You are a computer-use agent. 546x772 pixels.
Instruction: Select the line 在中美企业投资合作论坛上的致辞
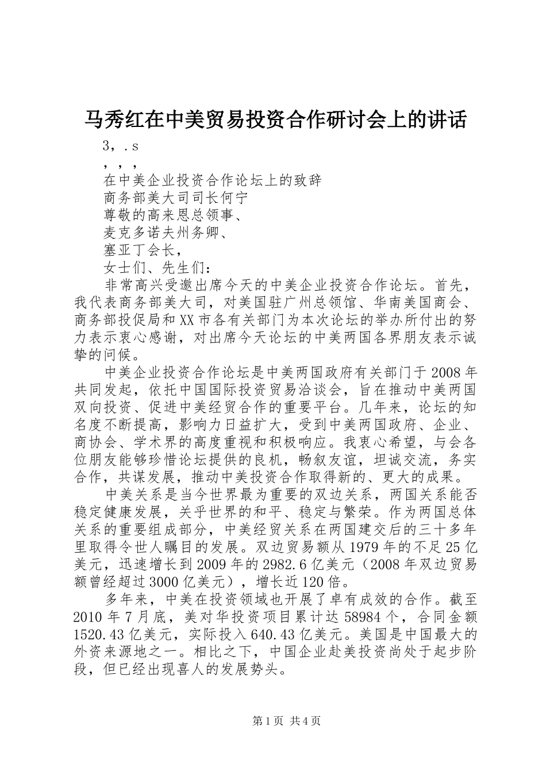(213, 180)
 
